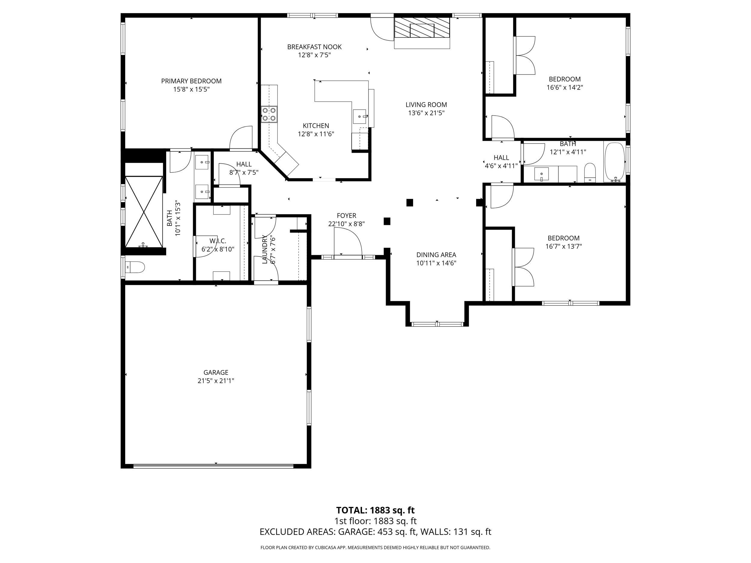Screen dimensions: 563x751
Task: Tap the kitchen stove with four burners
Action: click(x=269, y=114)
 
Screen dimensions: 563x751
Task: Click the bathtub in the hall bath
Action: click(x=615, y=162)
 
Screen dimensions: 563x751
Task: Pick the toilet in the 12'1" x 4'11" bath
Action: click(x=590, y=172)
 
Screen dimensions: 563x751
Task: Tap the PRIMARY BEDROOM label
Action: click(x=191, y=81)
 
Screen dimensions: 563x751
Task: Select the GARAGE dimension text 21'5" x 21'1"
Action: click(x=216, y=381)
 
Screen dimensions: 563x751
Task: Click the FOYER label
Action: click(x=346, y=216)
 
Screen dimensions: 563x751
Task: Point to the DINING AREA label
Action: click(x=436, y=255)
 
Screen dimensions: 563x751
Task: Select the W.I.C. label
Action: click(x=217, y=241)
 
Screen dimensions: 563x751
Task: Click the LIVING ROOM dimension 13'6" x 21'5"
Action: click(x=426, y=113)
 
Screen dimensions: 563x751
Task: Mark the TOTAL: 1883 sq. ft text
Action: click(x=375, y=510)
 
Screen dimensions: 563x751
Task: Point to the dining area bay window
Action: click(x=437, y=324)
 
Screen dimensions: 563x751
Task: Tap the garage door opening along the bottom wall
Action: click(x=213, y=466)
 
